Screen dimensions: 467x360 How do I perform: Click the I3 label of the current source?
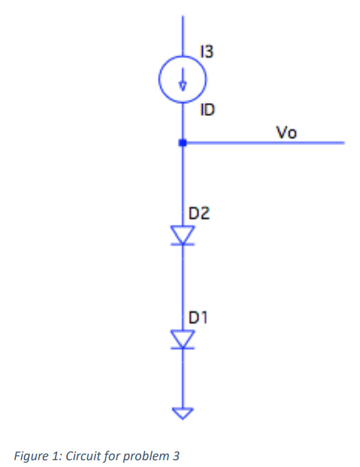click(207, 53)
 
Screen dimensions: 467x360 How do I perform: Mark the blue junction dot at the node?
click(182, 143)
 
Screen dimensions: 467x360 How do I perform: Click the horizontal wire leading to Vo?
click(263, 143)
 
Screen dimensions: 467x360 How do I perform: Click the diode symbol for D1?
click(182, 339)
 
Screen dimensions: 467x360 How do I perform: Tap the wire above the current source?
click(182, 40)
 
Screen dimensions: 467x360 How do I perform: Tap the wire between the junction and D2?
click(182, 183)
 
